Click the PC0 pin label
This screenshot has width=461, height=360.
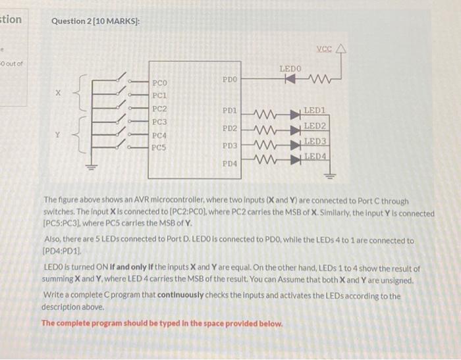pos(160,84)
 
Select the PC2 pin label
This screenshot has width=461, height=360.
pos(160,109)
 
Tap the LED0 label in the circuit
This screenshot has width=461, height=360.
pos(290,68)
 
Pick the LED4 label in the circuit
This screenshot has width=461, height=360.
pos(316,156)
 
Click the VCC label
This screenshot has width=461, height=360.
pos(325,49)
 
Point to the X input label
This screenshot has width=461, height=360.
pos(57,93)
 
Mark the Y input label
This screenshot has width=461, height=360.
pos(57,134)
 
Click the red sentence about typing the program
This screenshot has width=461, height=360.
pos(162,324)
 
